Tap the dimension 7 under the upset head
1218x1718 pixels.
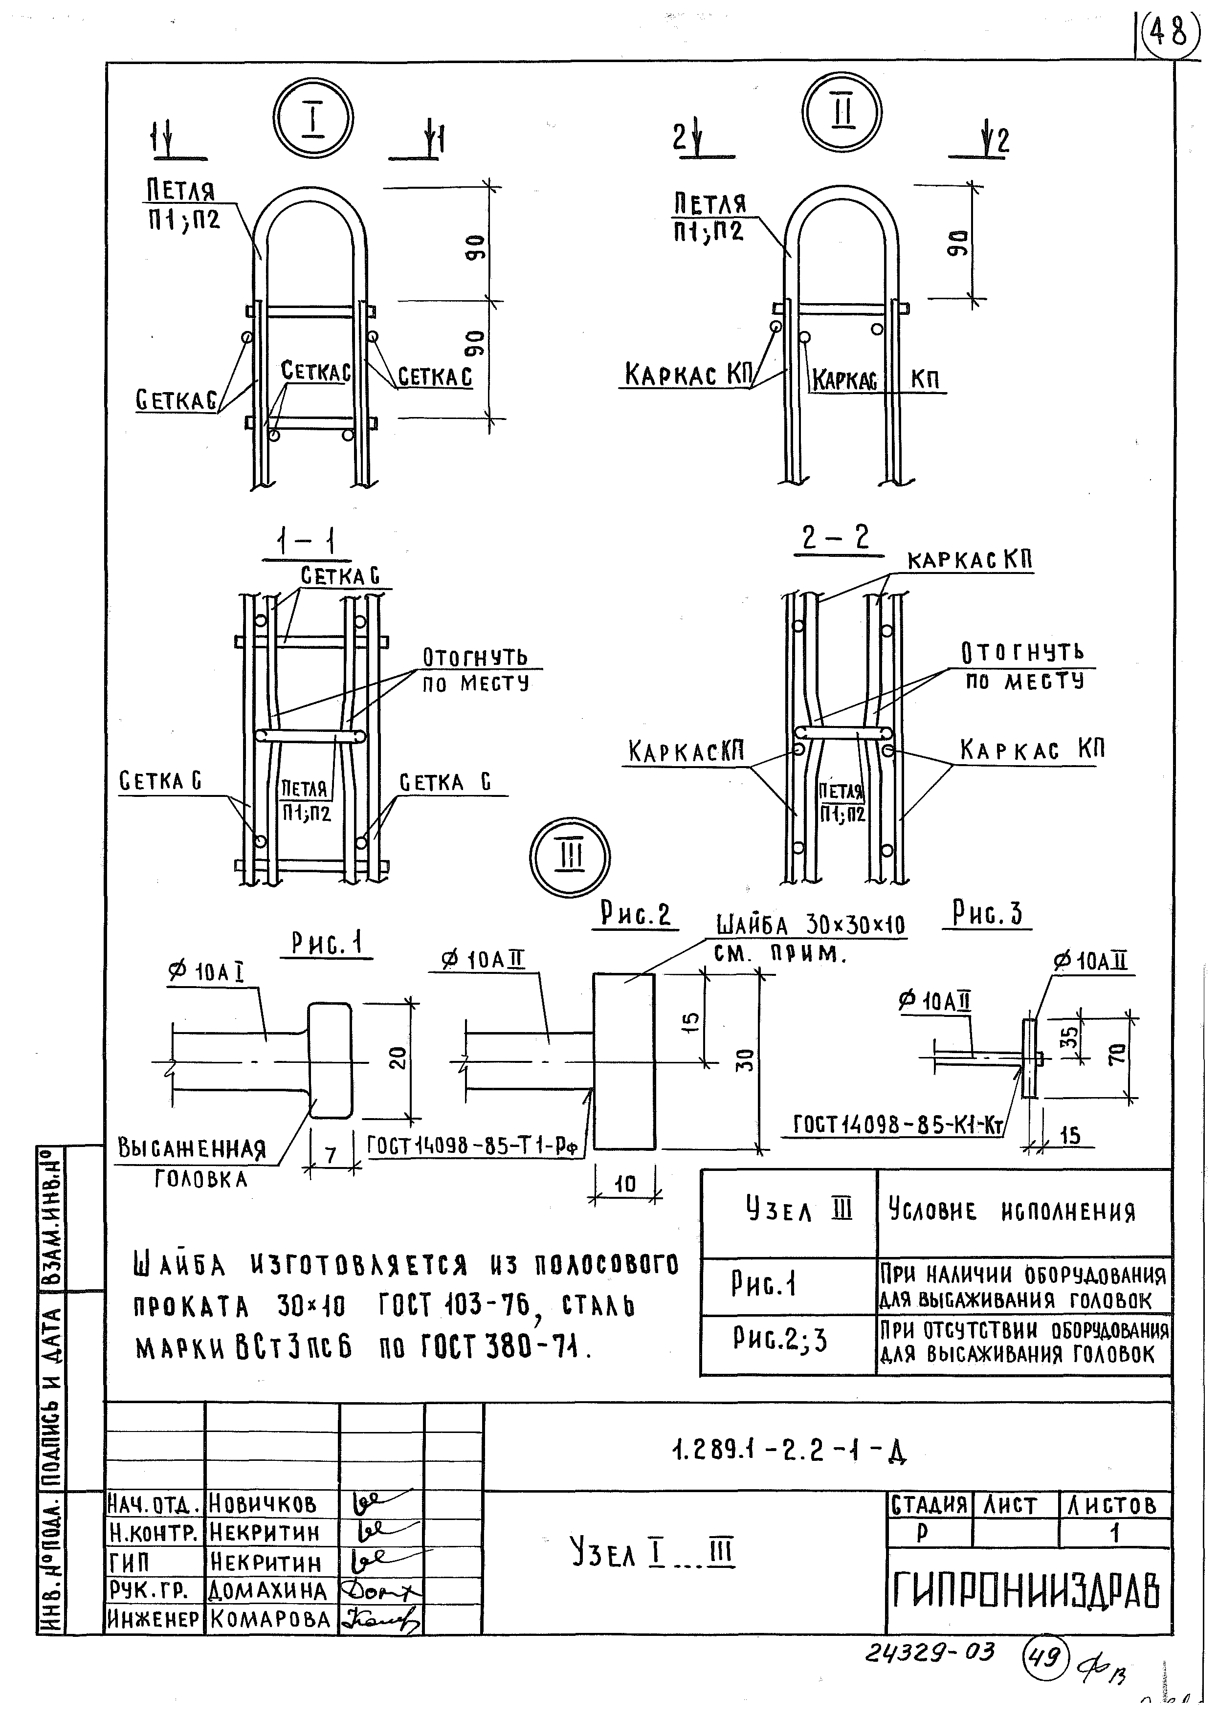[x=330, y=1156]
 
